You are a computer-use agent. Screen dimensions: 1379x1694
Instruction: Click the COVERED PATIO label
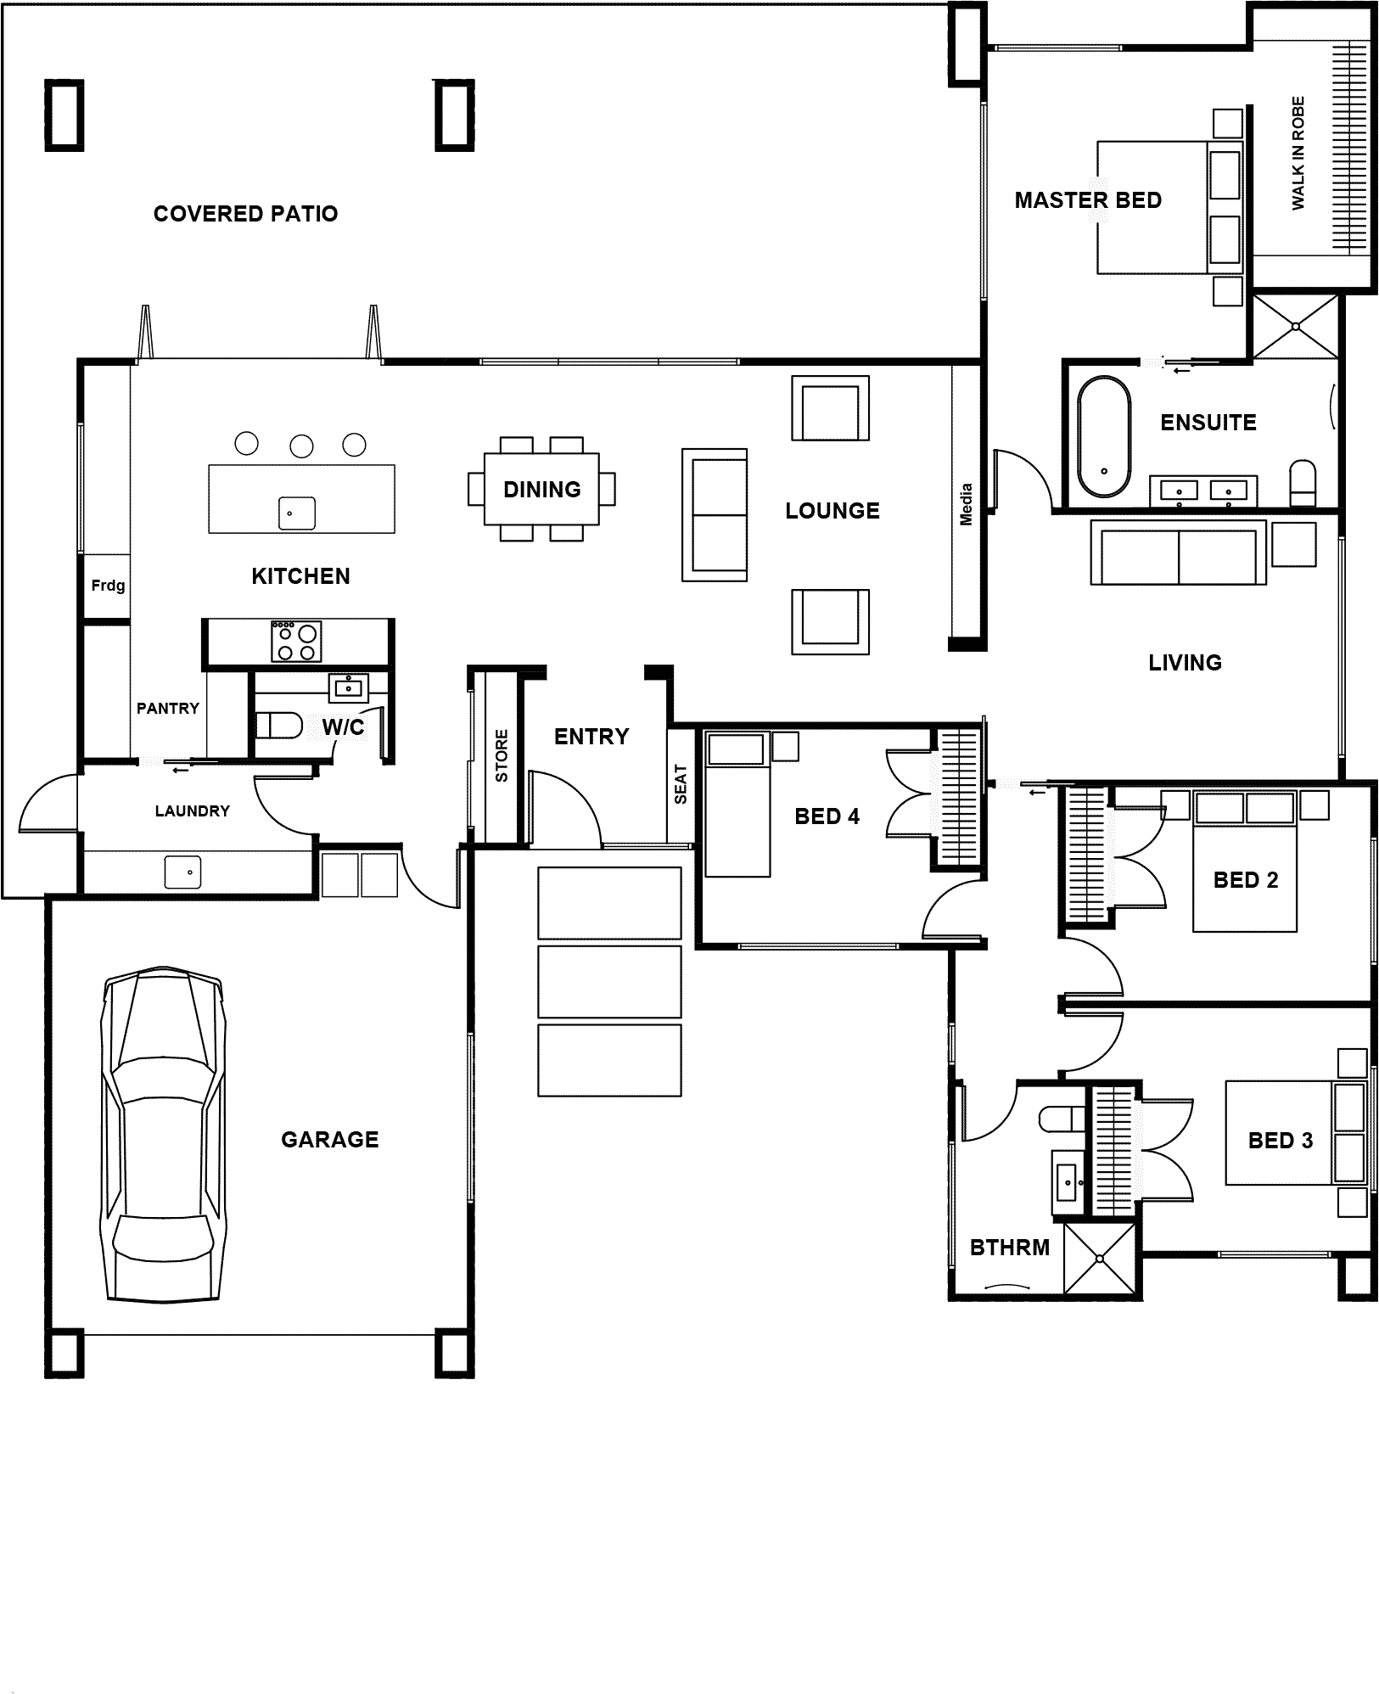pyautogui.click(x=245, y=214)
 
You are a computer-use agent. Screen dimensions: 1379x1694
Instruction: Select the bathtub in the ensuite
pyautogui.click(x=1104, y=436)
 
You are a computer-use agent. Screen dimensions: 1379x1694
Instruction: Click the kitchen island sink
pyautogui.click(x=297, y=513)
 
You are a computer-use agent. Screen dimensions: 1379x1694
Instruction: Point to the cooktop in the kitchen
pyautogui.click(x=297, y=641)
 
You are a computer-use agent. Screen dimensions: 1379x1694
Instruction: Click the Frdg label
pyautogui.click(x=108, y=585)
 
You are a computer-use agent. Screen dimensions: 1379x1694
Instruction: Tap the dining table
pyautogui.click(x=541, y=489)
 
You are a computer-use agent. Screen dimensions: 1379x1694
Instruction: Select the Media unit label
pyautogui.click(x=966, y=504)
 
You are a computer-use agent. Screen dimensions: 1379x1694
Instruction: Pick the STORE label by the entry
pyautogui.click(x=502, y=755)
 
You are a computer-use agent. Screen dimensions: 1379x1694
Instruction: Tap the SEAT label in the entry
pyautogui.click(x=681, y=785)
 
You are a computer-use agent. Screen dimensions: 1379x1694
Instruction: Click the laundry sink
pyautogui.click(x=182, y=872)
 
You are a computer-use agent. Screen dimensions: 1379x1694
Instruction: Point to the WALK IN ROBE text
pyautogui.click(x=1298, y=153)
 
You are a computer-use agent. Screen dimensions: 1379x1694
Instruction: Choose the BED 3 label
pyautogui.click(x=1281, y=1141)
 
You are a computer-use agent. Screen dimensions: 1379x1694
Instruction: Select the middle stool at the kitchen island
pyautogui.click(x=301, y=446)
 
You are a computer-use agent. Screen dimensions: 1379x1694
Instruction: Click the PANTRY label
pyautogui.click(x=168, y=708)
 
